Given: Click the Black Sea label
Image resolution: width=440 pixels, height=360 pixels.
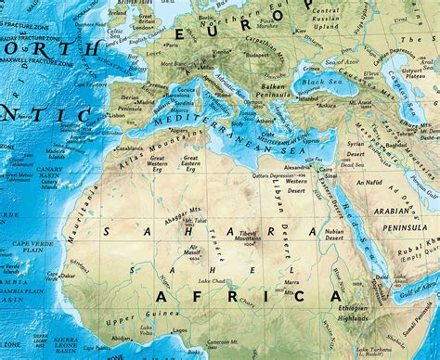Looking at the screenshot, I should (x=321, y=83).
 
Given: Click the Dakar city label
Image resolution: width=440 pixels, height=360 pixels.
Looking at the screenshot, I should (x=68, y=276).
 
